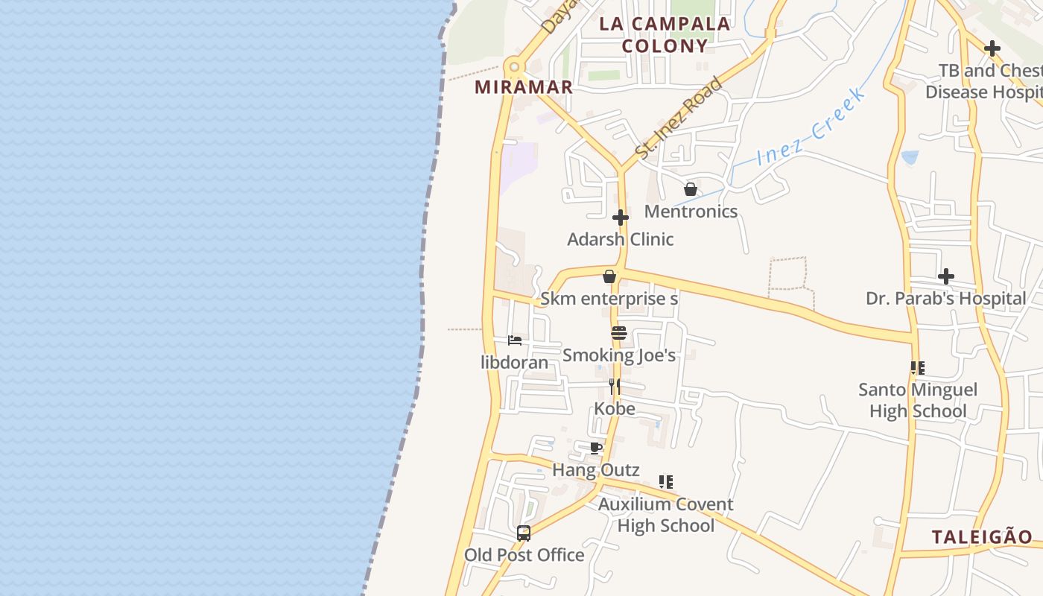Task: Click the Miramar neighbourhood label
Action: pyautogui.click(x=524, y=86)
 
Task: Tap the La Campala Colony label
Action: pyautogui.click(x=665, y=34)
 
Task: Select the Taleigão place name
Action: pyautogui.click(x=982, y=536)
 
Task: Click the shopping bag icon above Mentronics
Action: pyautogui.click(x=691, y=189)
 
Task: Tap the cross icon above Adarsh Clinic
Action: pyautogui.click(x=620, y=218)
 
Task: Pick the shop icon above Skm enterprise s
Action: pyautogui.click(x=609, y=276)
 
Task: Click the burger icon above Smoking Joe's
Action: pyautogui.click(x=619, y=333)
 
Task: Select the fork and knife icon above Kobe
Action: pyautogui.click(x=615, y=386)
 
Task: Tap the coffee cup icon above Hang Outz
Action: pyautogui.click(x=595, y=448)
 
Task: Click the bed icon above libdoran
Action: pyautogui.click(x=514, y=340)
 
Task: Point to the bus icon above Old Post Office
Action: pyautogui.click(x=524, y=533)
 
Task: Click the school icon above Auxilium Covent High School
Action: pyautogui.click(x=666, y=482)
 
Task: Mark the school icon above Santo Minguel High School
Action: pyautogui.click(x=918, y=367)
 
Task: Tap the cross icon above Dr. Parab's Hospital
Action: pyautogui.click(x=946, y=276)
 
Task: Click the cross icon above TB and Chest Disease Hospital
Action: pyautogui.click(x=992, y=48)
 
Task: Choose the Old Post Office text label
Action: pyautogui.click(x=524, y=555)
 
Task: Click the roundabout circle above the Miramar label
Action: pyautogui.click(x=513, y=67)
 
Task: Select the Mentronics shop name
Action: pyautogui.click(x=691, y=211)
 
